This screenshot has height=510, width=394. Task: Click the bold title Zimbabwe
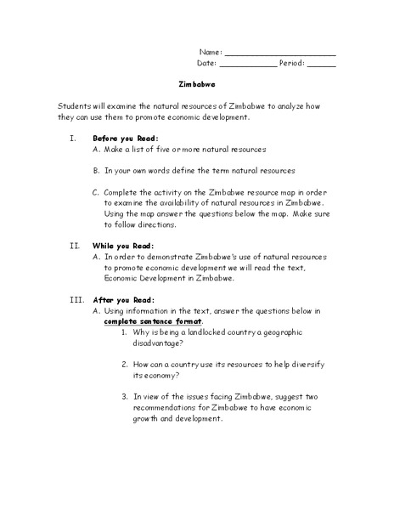[x=197, y=85]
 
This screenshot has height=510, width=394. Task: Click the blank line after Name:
[x=280, y=54]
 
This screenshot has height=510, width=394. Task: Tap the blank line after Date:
[x=248, y=65]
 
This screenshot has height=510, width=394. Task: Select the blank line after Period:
[x=321, y=65]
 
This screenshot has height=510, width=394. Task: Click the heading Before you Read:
[x=125, y=138]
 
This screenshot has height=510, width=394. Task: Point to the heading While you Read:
[x=123, y=246]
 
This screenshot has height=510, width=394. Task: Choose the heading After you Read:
[x=123, y=300]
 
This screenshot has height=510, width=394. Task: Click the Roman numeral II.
[x=73, y=246]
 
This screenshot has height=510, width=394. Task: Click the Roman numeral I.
[x=74, y=138]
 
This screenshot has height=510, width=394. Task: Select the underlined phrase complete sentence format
[x=154, y=322]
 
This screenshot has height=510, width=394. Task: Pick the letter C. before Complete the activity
[x=97, y=192]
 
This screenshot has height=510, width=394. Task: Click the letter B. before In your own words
[x=97, y=170]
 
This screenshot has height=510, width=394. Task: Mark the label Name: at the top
[x=210, y=52]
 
